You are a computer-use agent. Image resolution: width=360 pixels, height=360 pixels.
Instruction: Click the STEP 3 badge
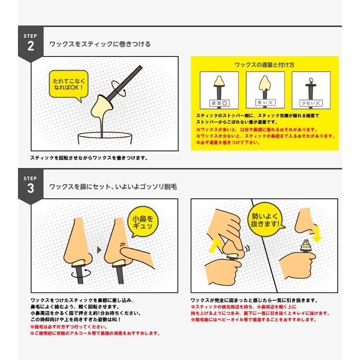point(30,185)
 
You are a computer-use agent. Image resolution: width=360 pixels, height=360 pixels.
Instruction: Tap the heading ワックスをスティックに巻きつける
point(100,44)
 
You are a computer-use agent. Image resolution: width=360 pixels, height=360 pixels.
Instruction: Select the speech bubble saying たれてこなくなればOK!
point(68,84)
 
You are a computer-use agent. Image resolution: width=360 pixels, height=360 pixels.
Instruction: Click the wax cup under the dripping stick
point(105,140)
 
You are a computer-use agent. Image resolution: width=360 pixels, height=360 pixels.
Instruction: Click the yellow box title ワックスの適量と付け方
point(264,65)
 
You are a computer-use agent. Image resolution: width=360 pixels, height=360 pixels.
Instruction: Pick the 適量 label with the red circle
point(219,103)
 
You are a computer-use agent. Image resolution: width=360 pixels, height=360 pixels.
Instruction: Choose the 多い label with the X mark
point(265,103)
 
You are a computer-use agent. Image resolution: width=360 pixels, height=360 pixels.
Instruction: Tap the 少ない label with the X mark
point(311,103)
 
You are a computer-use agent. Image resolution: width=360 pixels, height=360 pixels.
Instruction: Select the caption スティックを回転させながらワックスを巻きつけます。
point(89,158)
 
